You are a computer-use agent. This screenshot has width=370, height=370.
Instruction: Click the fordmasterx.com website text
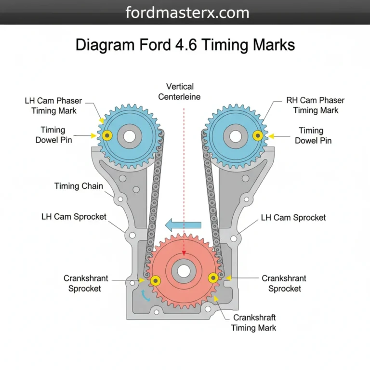[x=187, y=12]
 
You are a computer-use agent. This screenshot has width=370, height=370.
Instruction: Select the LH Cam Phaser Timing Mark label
[x=53, y=106]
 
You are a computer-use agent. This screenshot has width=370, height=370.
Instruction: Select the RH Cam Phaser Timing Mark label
[x=316, y=106]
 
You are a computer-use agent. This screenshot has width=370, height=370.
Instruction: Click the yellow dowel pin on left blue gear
[x=107, y=136]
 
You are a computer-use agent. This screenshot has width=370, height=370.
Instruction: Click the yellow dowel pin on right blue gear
[x=259, y=136]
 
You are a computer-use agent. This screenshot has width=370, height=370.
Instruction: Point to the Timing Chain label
[x=79, y=186]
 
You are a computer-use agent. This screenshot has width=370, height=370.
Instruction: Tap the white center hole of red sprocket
[x=184, y=271]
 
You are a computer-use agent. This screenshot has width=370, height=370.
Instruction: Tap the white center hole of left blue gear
[x=129, y=136]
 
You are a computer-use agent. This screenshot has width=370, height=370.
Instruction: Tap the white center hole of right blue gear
[x=236, y=136]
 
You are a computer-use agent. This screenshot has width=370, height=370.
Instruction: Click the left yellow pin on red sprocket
[x=155, y=280]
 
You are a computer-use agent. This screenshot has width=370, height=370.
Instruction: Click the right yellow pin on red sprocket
[x=213, y=277]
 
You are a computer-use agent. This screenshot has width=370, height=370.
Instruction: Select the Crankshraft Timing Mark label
[x=254, y=323]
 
